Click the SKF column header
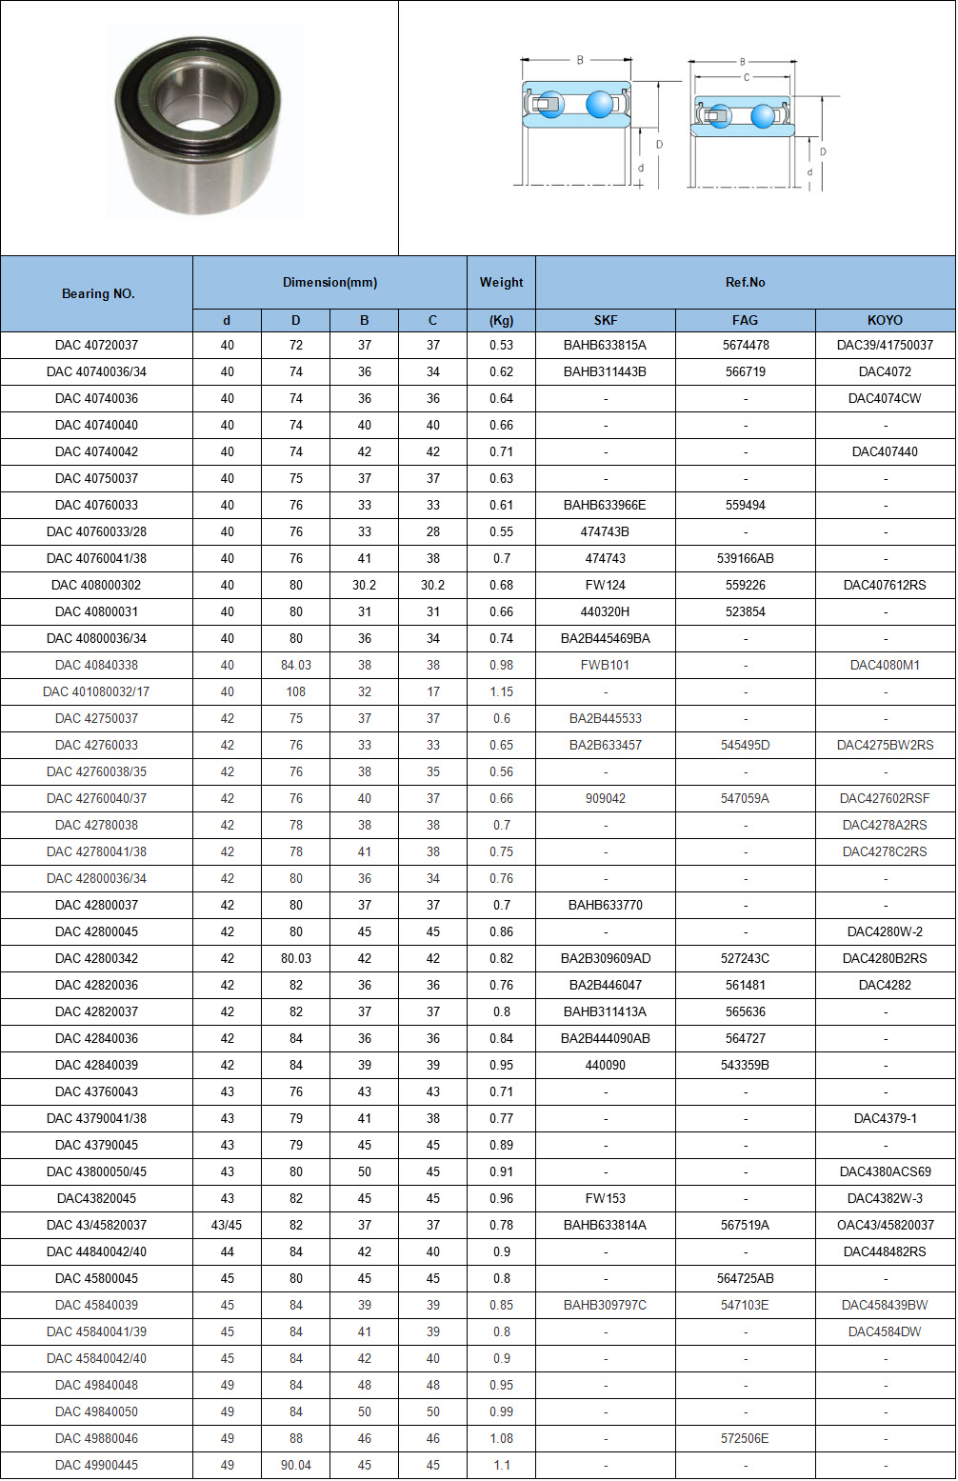[606, 320]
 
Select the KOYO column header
[885, 320]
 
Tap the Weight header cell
[501, 282]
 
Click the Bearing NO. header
[97, 293]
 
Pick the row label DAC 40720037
[96, 345]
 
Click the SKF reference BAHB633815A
[605, 345]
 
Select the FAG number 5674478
[746, 345]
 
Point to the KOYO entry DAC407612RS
[885, 585]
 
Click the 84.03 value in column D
[296, 665]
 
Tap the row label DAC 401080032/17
[96, 691]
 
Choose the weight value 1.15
[501, 691]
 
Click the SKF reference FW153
[606, 1198]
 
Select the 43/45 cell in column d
[227, 1225]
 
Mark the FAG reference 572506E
[746, 1438]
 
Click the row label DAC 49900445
[96, 1465]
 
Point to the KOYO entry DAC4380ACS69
[885, 1171]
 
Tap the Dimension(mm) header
[329, 282]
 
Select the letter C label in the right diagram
[746, 77]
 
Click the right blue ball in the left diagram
[600, 104]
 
